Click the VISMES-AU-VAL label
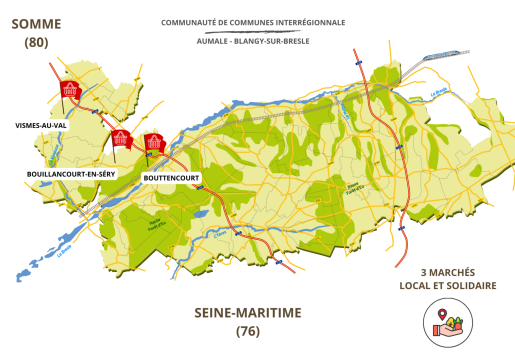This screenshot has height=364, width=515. point(40,125)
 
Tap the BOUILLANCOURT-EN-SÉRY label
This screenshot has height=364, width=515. point(70,174)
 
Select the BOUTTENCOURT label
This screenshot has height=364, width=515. point(171,178)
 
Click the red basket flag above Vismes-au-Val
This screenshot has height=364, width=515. point(69,89)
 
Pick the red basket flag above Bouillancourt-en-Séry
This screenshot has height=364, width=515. point(120,137)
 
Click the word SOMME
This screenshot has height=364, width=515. point(36,24)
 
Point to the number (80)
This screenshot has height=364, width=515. point(36,42)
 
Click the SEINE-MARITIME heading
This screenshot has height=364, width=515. point(247,313)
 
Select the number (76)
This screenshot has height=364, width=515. point(247,331)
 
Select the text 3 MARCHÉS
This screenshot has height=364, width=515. point(447,273)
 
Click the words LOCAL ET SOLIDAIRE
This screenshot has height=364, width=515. point(447,286)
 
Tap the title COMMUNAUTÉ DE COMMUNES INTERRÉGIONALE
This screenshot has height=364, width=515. point(253,22)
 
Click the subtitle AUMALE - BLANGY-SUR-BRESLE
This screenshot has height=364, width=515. point(253,41)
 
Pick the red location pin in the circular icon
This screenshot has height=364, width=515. point(441,314)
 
